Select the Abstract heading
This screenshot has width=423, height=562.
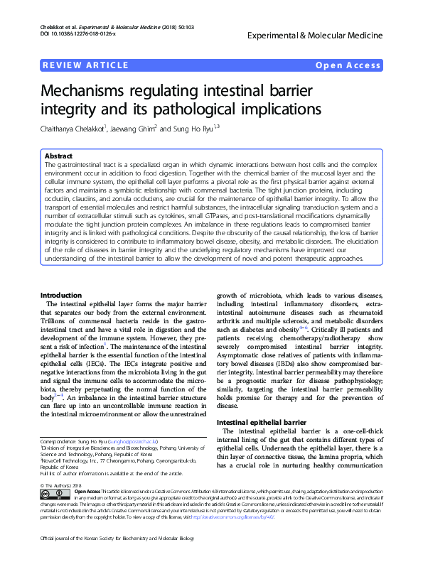58,155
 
